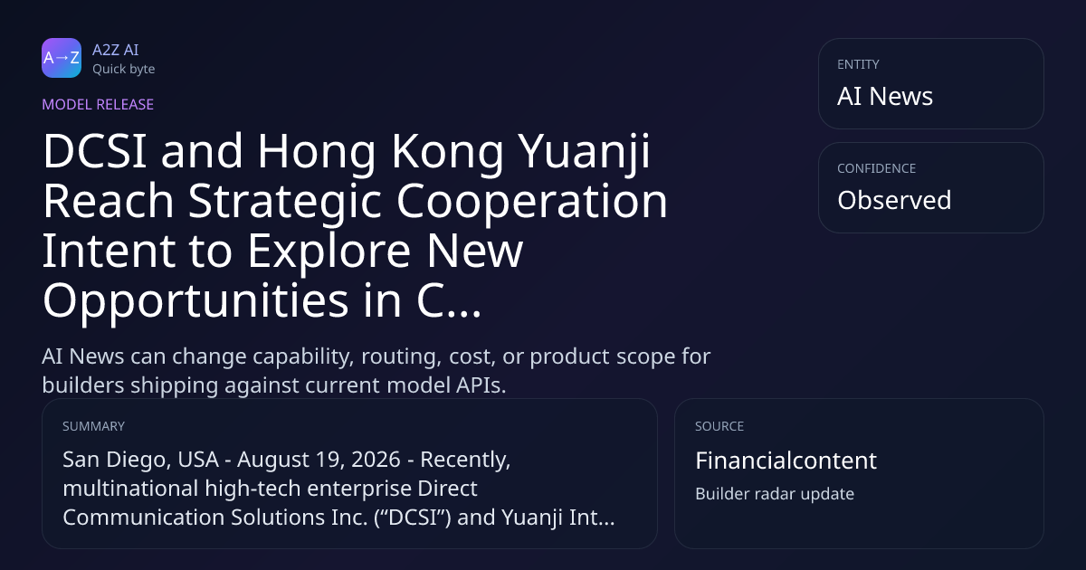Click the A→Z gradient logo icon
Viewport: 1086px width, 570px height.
pos(62,58)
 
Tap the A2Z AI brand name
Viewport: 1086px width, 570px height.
pos(116,50)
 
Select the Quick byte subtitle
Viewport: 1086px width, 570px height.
pos(124,70)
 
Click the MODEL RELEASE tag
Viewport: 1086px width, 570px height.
pos(98,104)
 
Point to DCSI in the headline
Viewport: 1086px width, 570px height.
pos(95,151)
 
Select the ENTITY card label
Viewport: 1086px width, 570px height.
pos(858,64)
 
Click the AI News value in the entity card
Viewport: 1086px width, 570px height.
pos(885,96)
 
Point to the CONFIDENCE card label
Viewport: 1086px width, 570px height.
pos(877,168)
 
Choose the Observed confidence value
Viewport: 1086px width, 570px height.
pos(894,200)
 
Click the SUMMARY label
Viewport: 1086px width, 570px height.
pos(93,426)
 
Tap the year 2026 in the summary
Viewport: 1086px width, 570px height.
pos(376,460)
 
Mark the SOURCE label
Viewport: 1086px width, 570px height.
pos(719,426)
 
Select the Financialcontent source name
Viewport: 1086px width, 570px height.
pos(786,461)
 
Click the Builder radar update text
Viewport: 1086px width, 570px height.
pos(775,494)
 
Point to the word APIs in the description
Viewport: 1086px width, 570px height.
pos(481,385)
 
